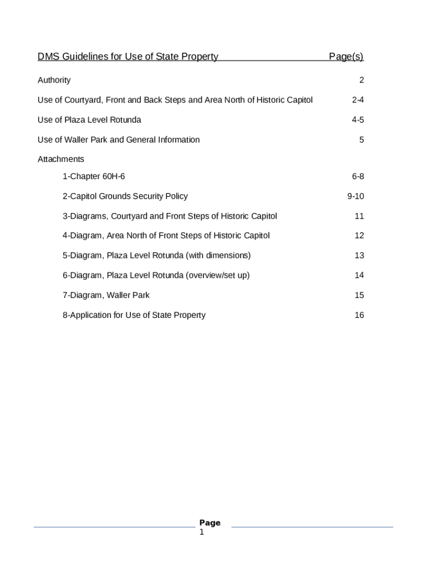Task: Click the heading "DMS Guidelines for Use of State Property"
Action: pos(128,57)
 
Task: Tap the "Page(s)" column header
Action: pos(346,57)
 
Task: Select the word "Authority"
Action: pos(54,80)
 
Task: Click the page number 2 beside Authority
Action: pos(362,80)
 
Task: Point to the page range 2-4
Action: pos(358,100)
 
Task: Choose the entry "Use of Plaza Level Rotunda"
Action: pos(89,120)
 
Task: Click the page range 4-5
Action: pos(358,120)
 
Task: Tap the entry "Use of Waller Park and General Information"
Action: pos(119,140)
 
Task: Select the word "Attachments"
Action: pos(61,160)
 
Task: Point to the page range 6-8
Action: pos(358,177)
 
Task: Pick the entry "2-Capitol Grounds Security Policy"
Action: pos(125,196)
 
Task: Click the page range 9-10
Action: pos(355,196)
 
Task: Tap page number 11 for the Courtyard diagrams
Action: pos(359,216)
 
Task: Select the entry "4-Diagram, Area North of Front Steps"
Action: pos(166,236)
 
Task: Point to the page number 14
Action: pos(359,275)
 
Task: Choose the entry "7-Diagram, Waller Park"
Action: pos(106,295)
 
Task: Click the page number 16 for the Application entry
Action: pos(359,315)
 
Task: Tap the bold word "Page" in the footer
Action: pos(210,523)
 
